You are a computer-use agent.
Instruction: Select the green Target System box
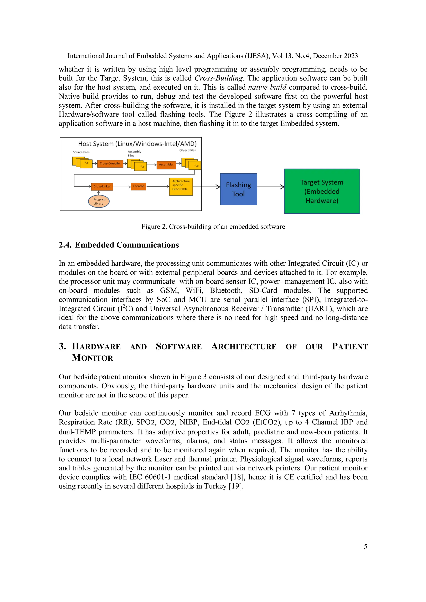click(x=322, y=191)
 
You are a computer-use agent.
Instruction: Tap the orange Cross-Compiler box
click(x=110, y=163)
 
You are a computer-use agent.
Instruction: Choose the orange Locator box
click(x=138, y=186)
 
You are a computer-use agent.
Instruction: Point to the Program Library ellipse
click(x=99, y=201)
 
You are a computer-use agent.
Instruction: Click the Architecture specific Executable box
click(x=181, y=186)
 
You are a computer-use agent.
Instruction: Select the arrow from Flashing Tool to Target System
click(x=270, y=187)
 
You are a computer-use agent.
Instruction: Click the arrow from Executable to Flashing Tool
click(x=206, y=187)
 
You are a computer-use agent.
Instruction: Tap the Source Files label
click(x=81, y=152)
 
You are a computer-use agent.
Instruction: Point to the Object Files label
click(x=187, y=150)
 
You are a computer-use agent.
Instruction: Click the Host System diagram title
click(x=137, y=144)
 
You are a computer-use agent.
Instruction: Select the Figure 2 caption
click(x=213, y=227)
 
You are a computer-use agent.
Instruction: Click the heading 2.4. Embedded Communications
click(x=119, y=245)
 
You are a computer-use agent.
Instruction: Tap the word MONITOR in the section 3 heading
click(x=93, y=358)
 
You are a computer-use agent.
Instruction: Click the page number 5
click(x=365, y=547)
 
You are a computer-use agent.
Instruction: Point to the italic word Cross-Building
click(x=218, y=78)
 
